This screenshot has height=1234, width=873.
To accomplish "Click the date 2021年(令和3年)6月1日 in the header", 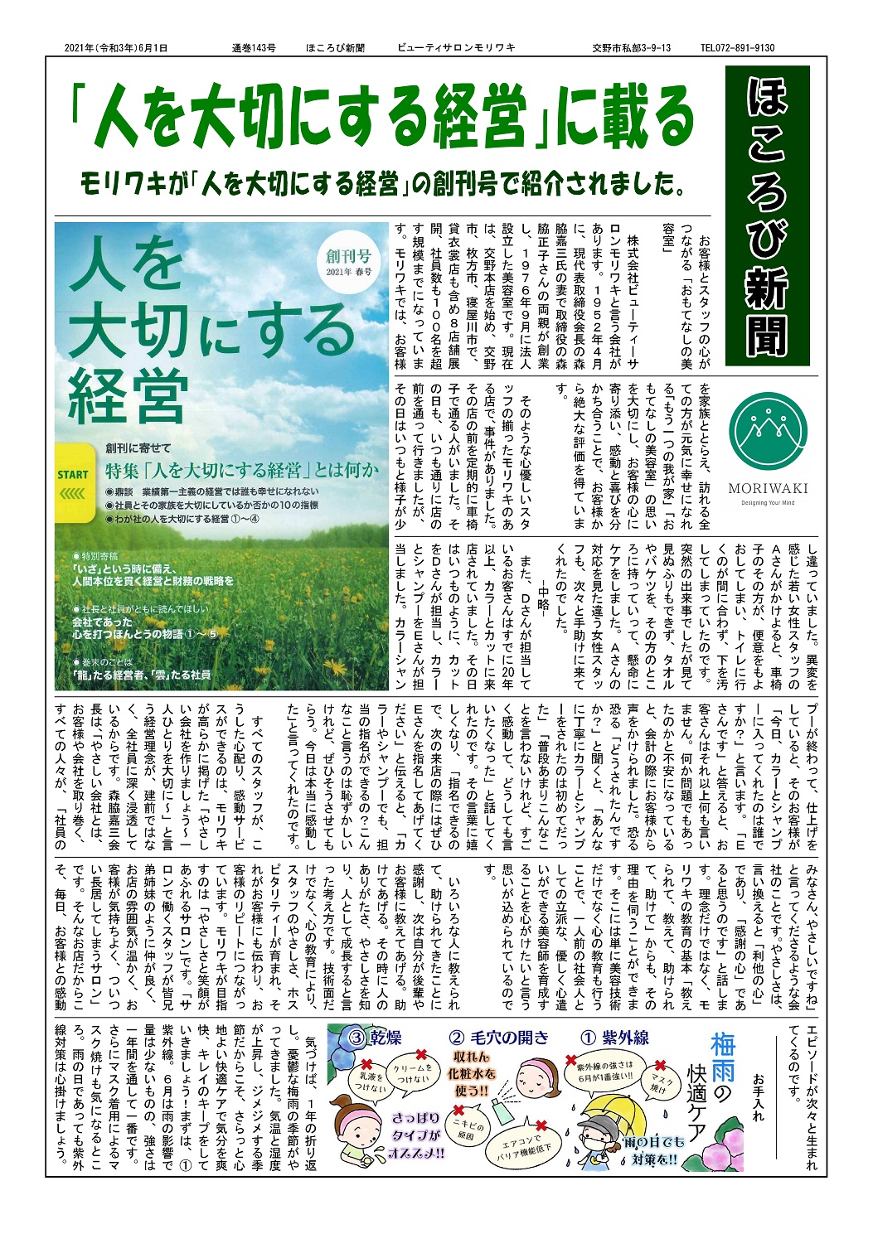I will point(116,48).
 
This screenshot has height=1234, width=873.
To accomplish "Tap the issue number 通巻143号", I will point(254,48).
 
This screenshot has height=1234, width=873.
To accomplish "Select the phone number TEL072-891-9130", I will point(737,48).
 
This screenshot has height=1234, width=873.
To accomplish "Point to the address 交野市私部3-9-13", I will point(632,48).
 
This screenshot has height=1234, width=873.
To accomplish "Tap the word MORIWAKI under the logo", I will point(768,488).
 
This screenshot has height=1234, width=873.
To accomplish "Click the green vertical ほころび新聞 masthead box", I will point(767,215).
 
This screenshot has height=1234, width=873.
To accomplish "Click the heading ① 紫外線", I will point(614,1038).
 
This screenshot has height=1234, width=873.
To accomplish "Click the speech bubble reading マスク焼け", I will point(664,1082).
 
